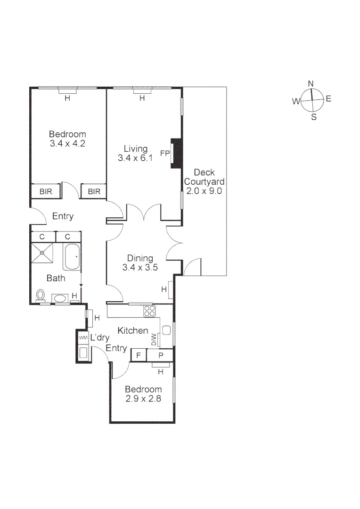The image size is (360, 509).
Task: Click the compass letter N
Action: (x=311, y=84)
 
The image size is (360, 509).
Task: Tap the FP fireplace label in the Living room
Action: (x=165, y=153)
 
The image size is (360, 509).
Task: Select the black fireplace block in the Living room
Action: (x=177, y=153)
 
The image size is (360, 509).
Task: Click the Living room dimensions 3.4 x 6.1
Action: (x=135, y=158)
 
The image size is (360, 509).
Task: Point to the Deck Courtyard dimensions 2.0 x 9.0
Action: (x=204, y=191)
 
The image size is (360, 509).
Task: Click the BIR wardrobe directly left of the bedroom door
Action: (x=46, y=191)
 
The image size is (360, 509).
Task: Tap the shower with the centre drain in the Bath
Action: (x=42, y=253)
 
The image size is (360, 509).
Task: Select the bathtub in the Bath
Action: (x=72, y=257)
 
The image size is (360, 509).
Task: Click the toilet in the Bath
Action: (x=41, y=295)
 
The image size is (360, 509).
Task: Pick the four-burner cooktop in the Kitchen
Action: (x=150, y=311)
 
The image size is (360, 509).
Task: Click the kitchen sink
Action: (x=166, y=330)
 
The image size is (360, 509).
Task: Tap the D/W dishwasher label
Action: (x=154, y=339)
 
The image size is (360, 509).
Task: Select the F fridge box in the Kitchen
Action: (x=139, y=355)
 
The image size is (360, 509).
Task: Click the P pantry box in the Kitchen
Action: (x=160, y=355)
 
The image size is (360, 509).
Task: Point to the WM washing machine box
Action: (x=83, y=337)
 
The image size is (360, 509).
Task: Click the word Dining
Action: (x=140, y=258)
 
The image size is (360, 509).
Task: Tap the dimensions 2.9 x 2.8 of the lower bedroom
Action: (x=143, y=399)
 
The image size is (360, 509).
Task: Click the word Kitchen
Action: (x=133, y=330)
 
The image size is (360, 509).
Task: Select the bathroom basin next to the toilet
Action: (x=60, y=298)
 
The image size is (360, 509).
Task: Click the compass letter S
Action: (x=314, y=117)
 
